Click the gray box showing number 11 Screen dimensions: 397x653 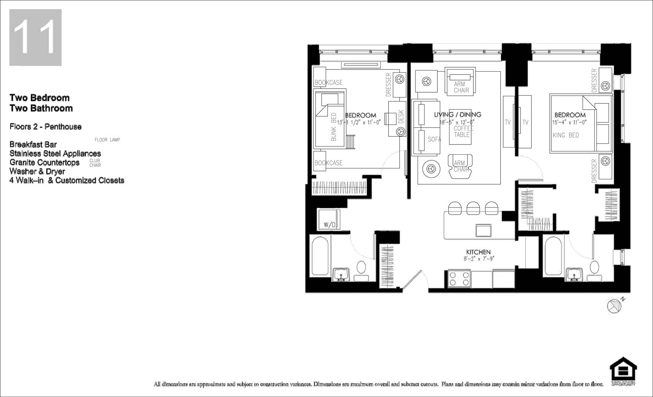tap(35, 37)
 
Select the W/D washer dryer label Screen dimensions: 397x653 tap(329, 225)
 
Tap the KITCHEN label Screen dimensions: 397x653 tap(478, 252)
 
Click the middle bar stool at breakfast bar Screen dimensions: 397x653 tap(473, 208)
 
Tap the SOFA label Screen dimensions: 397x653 tap(434, 139)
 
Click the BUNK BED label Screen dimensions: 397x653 tap(333, 127)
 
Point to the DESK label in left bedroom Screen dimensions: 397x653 tap(401, 116)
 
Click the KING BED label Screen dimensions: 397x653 tap(566, 135)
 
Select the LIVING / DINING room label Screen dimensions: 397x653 tap(457, 115)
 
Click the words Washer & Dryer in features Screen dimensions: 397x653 tap(37, 171)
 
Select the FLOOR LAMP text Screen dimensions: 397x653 tap(107, 140)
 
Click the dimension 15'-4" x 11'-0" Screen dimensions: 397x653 tap(569, 122)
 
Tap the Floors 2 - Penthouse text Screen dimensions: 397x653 tap(46, 127)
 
